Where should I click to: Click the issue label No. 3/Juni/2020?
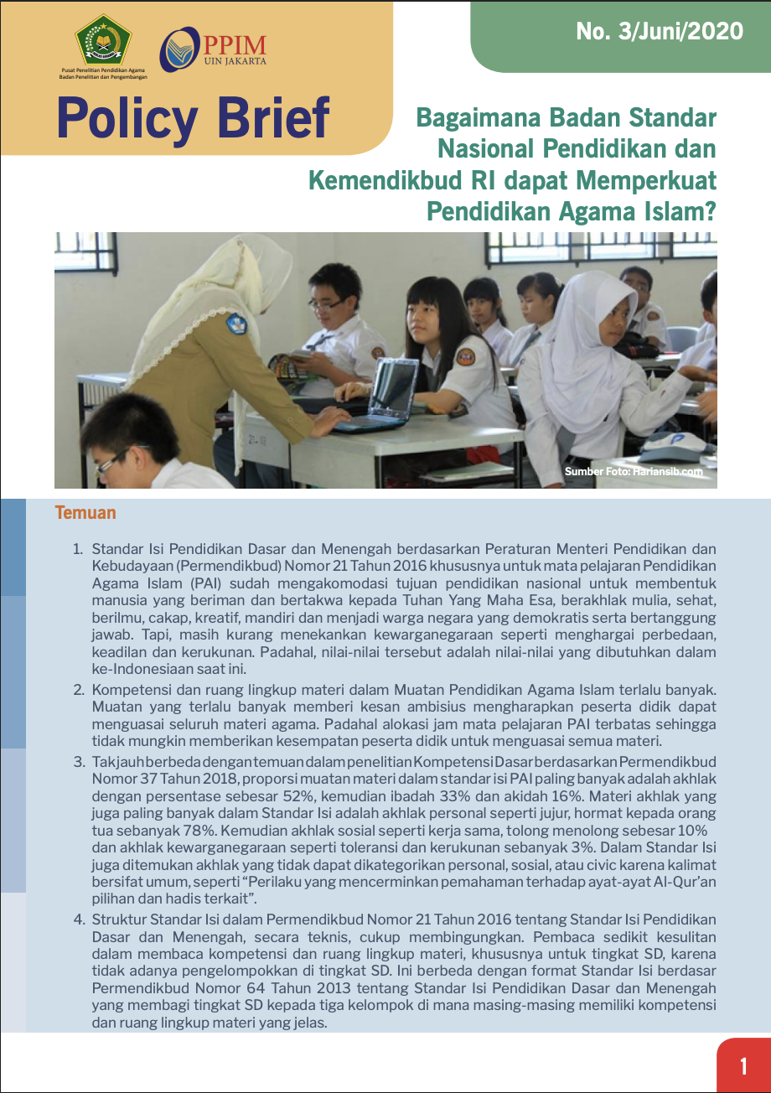[x=660, y=32]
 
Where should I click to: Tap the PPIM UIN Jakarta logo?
[x=214, y=50]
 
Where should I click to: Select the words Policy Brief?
[x=193, y=118]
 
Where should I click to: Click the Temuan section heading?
[x=85, y=513]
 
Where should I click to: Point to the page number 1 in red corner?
[x=743, y=1066]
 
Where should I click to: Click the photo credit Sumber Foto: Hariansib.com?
[x=633, y=472]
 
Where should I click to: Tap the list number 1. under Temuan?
[x=78, y=550]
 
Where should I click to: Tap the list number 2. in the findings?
[x=78, y=691]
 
